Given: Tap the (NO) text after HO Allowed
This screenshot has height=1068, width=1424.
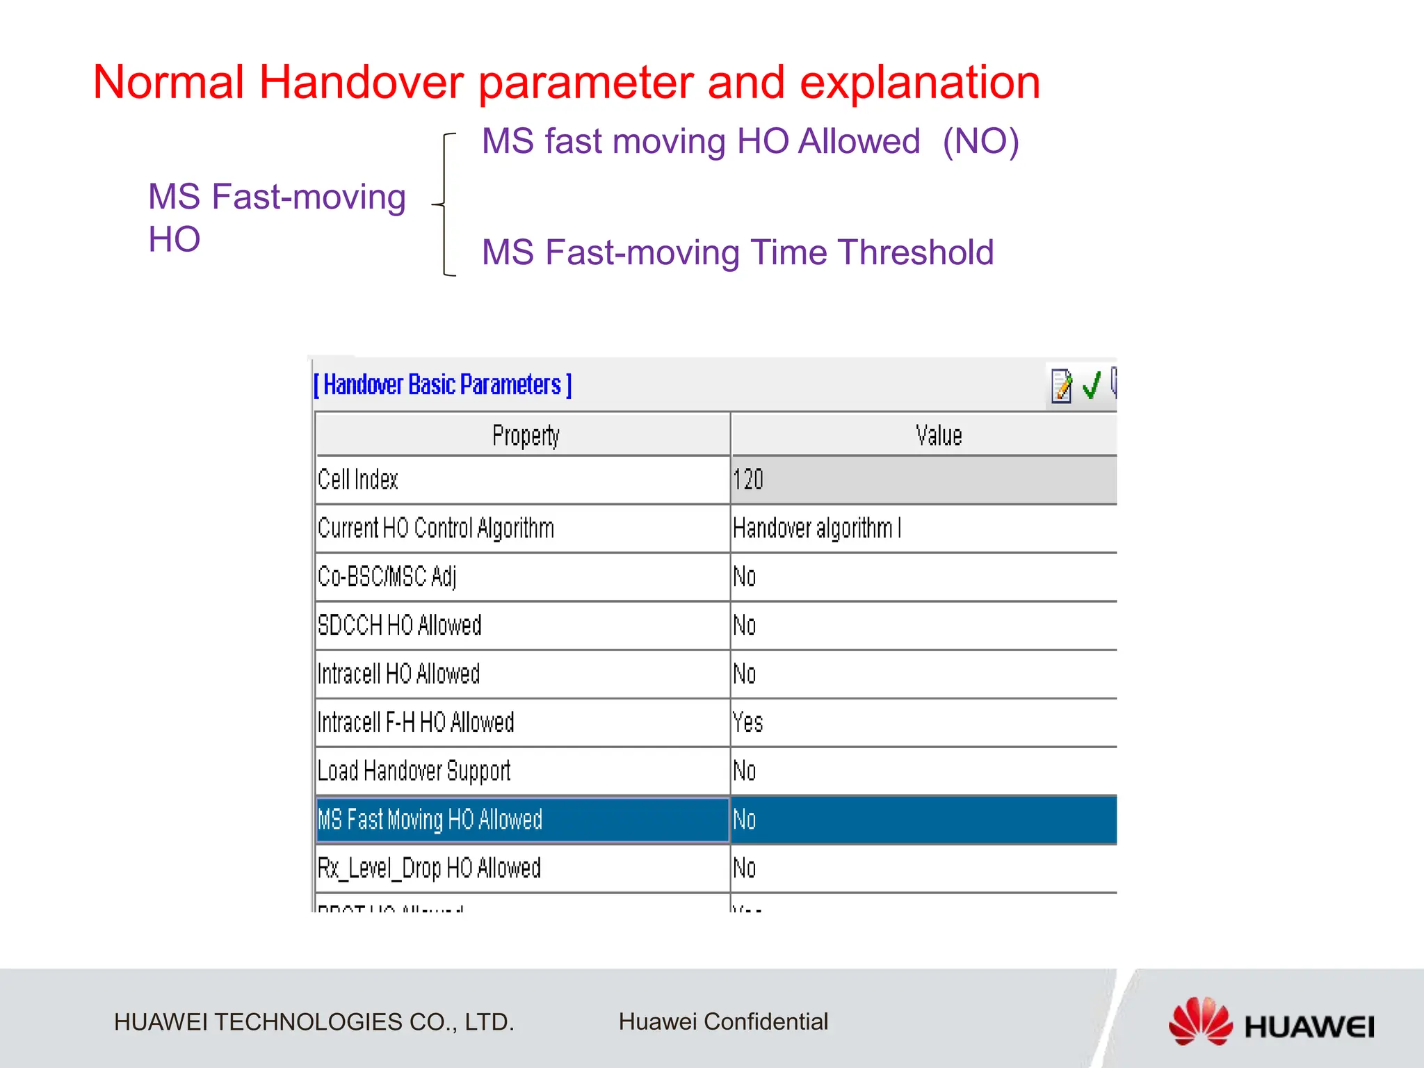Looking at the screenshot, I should (980, 141).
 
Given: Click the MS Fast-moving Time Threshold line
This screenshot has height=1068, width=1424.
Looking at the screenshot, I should (737, 252).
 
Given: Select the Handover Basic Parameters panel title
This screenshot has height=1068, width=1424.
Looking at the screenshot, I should (443, 385).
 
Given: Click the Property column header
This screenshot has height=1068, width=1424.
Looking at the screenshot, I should (525, 435).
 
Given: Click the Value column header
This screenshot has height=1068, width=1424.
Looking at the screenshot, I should (938, 435).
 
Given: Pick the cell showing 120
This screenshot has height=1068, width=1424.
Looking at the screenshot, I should (748, 480).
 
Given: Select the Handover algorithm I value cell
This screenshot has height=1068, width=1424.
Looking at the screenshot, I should (817, 528).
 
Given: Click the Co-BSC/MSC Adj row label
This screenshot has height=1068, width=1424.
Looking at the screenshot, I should (387, 577).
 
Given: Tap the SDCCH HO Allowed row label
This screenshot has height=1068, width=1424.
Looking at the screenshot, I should (399, 625).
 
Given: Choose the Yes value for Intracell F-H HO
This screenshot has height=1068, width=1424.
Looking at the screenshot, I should (748, 722).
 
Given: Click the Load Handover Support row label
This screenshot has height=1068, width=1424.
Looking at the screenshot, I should (414, 771).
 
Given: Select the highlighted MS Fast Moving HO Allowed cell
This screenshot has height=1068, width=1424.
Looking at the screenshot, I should (430, 820).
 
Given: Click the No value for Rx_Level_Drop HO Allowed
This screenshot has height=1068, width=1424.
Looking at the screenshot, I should (745, 868).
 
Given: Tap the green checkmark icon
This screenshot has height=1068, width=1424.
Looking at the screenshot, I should (1092, 385).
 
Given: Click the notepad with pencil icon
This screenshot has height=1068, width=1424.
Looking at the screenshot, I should (1061, 385).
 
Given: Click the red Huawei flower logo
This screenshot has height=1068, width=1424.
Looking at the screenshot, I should (1200, 1021).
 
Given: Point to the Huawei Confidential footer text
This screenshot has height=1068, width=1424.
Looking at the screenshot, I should (723, 1021).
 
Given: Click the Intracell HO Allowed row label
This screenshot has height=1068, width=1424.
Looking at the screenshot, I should (398, 674).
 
